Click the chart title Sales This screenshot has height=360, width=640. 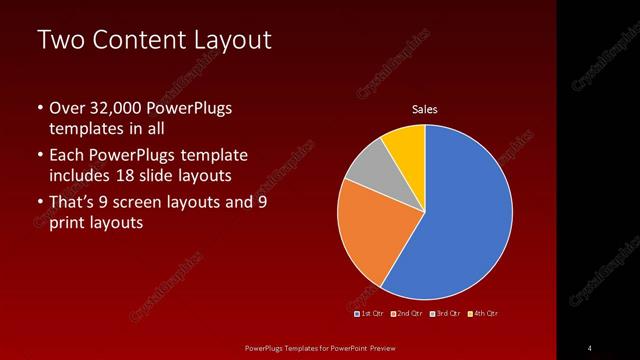[x=425, y=110]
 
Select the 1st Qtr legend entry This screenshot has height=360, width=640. [x=371, y=313]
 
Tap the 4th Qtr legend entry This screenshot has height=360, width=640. [x=482, y=313]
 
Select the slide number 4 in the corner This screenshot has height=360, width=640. [x=589, y=347]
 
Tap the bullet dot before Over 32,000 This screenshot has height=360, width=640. [x=40, y=108]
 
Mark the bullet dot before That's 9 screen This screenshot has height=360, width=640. [x=40, y=202]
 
